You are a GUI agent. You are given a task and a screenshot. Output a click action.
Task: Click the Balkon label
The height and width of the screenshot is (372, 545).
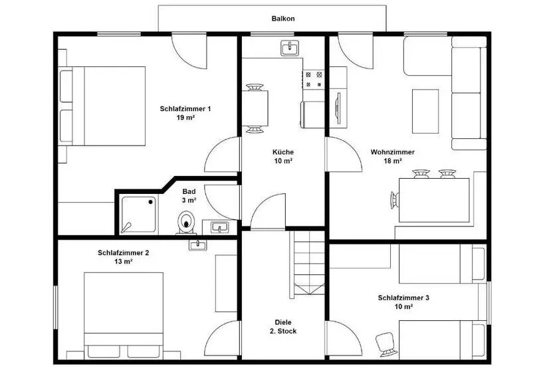tap(283, 19)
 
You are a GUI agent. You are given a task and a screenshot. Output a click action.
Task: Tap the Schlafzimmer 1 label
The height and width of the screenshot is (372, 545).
tap(185, 109)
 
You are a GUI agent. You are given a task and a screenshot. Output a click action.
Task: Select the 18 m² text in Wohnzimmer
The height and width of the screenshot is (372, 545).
tap(393, 161)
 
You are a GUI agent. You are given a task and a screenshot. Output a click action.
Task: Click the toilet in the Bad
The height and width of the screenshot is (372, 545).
tap(187, 223)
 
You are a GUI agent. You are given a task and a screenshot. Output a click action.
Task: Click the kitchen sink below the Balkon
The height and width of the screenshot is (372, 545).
tap(290, 48)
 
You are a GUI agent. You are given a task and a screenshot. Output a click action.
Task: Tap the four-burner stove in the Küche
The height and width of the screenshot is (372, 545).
tap(314, 79)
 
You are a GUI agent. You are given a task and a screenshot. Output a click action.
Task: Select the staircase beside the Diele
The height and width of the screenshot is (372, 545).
tap(307, 264)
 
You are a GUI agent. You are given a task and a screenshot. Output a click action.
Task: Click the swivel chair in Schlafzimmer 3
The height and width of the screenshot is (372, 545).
tap(387, 344)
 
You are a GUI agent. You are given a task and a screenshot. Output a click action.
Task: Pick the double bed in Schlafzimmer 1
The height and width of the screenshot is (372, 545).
tap(102, 106)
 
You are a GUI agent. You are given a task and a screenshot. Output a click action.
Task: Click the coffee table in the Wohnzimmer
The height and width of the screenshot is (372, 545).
tap(425, 111)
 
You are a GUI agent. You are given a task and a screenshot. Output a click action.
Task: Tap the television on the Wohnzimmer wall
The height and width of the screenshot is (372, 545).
tap(338, 108)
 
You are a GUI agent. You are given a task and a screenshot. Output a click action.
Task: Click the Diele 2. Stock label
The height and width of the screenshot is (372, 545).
tap(283, 327)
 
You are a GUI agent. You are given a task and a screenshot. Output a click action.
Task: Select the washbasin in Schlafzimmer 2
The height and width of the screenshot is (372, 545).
tap(198, 245)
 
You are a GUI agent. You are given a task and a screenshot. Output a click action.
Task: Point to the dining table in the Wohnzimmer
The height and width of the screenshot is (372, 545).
tap(434, 200)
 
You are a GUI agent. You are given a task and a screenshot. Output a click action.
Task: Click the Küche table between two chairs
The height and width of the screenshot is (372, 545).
tap(255, 108)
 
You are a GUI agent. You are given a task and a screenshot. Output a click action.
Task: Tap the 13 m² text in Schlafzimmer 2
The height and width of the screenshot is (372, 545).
tap(123, 262)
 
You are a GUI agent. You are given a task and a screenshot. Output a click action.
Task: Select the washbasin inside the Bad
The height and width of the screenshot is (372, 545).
tap(220, 227)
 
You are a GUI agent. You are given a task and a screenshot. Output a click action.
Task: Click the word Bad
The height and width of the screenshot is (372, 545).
tap(189, 191)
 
